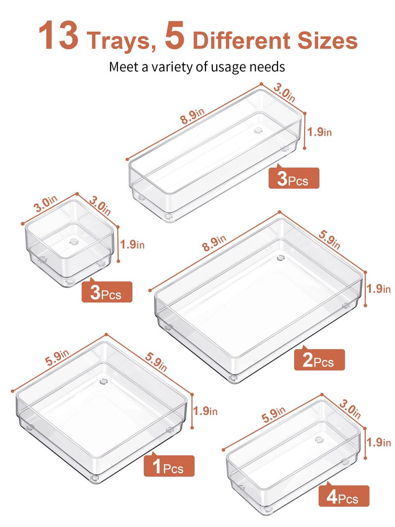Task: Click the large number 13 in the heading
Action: tap(58, 36)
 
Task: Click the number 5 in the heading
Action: tap(175, 36)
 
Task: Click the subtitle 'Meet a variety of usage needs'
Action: tap(197, 66)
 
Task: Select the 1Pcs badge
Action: tap(169, 466)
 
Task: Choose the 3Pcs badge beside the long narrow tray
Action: tap(294, 178)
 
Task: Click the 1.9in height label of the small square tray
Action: tap(133, 244)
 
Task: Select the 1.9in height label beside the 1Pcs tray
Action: tap(205, 410)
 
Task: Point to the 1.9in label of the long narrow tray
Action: tap(319, 132)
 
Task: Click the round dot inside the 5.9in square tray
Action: tap(104, 381)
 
